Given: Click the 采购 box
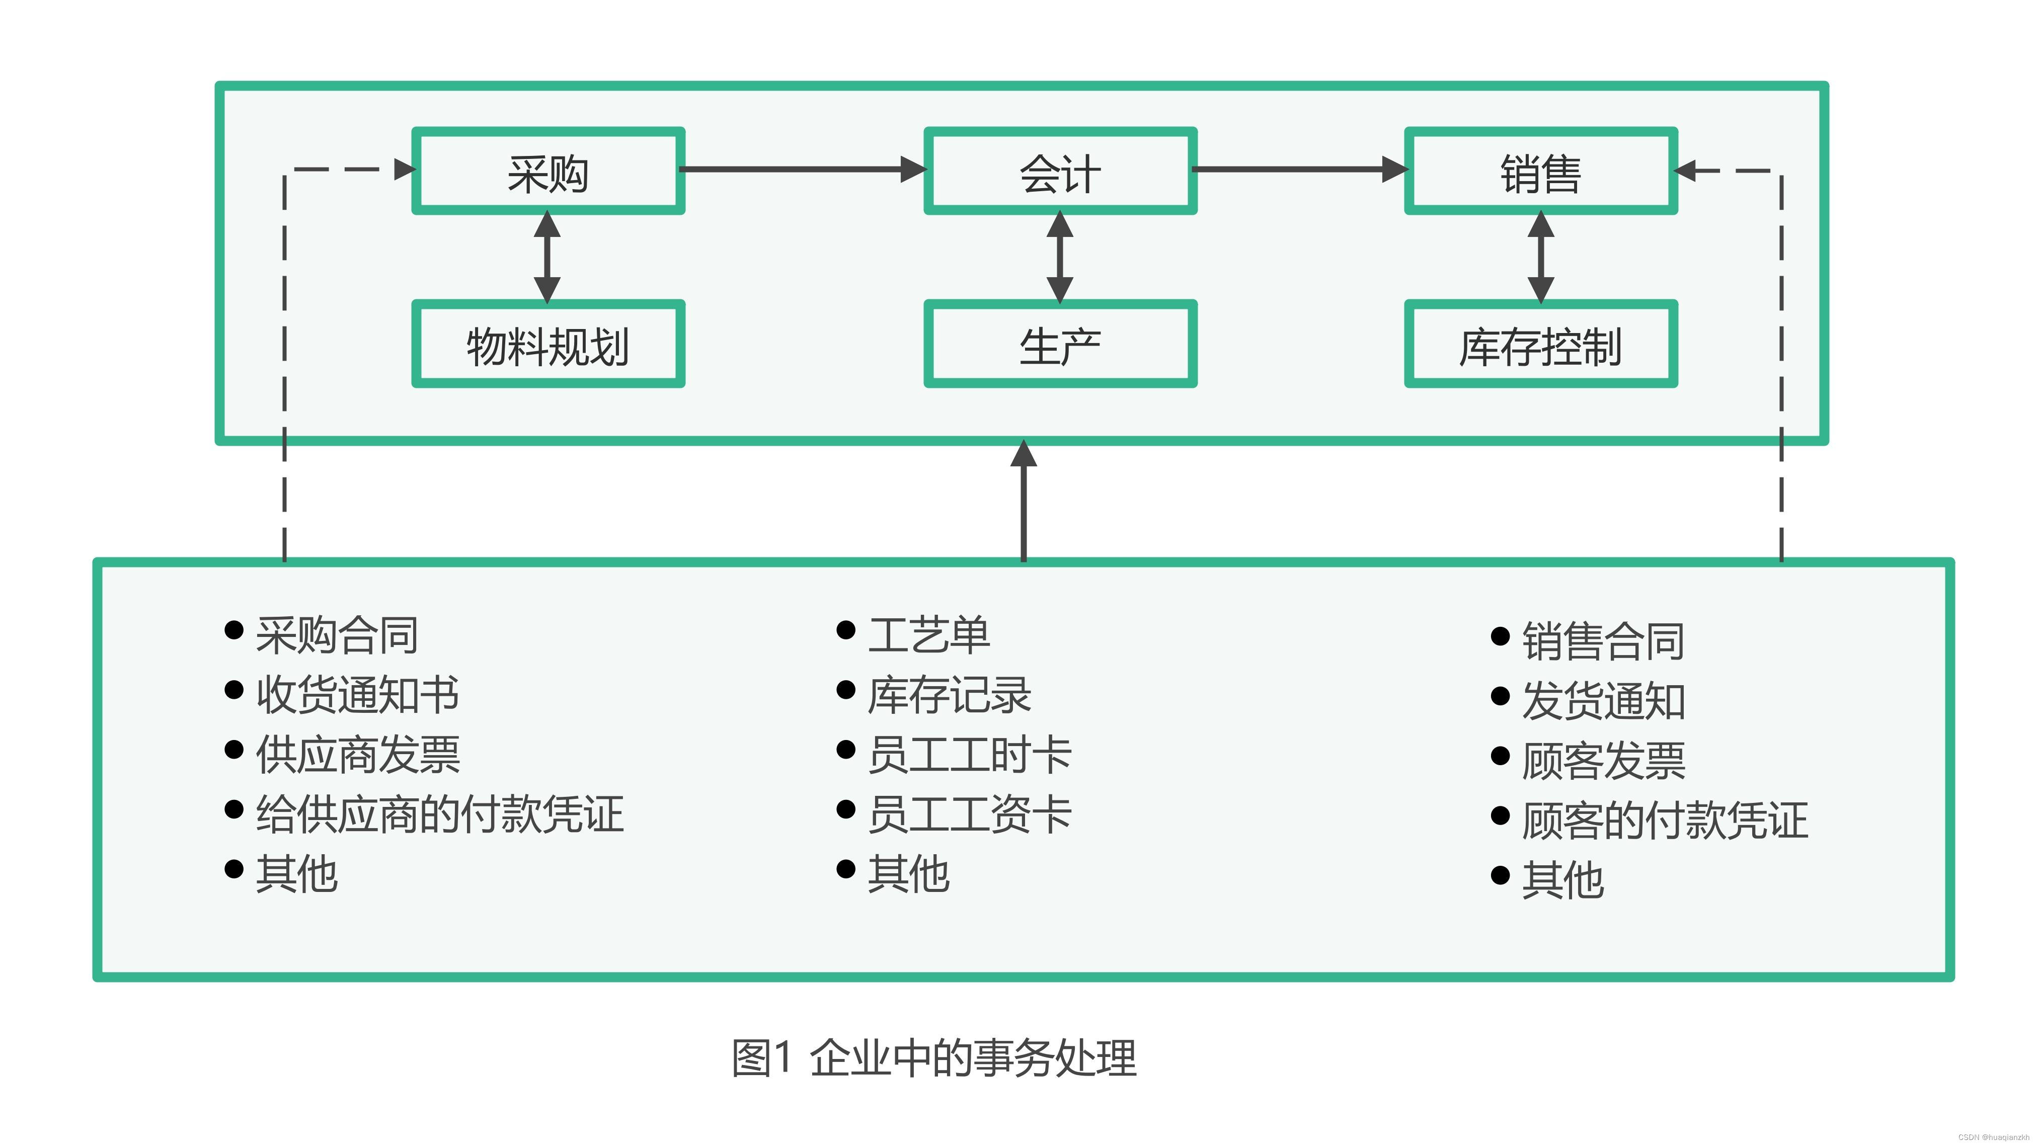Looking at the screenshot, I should (x=548, y=172).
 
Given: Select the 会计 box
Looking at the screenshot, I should (x=1060, y=172).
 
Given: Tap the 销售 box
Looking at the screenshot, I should (x=1540, y=172).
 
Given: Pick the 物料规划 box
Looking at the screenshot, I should (x=548, y=345).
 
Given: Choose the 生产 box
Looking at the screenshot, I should (x=1060, y=345).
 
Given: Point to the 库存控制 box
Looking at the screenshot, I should (x=1540, y=345).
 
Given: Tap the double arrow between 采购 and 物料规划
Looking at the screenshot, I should (x=547, y=257).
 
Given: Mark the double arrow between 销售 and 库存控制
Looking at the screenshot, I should (x=1540, y=257).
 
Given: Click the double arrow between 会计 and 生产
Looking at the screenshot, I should (x=1060, y=257).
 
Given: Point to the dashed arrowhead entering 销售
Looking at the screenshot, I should (x=1686, y=170).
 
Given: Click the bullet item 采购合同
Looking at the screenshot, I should (x=336, y=635).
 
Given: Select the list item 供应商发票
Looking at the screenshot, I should (x=357, y=754).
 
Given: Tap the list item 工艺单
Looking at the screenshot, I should (x=928, y=635).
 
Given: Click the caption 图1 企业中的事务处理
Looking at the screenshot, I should (x=933, y=1057).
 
